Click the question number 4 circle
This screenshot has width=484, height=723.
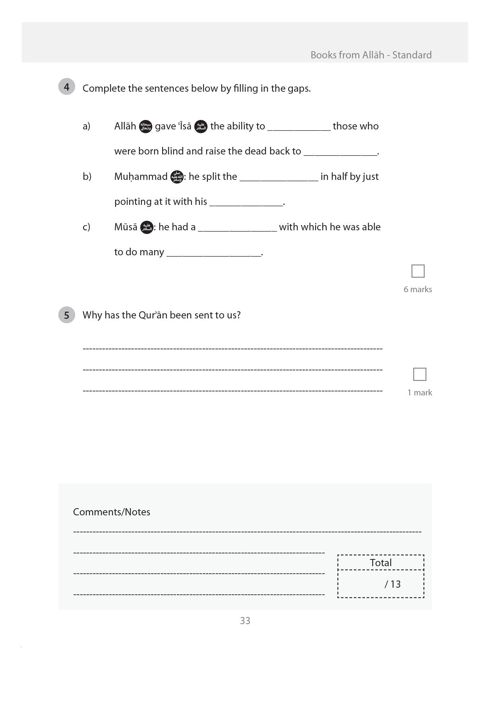pos(66,87)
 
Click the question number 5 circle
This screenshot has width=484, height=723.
pos(66,315)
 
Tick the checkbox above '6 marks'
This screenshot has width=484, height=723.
pos(418,271)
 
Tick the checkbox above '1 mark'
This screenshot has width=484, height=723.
pos(419,374)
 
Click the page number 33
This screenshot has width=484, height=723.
pos(245,621)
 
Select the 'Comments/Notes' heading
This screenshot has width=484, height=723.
pos(111,512)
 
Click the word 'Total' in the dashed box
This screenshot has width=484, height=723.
pos(380,563)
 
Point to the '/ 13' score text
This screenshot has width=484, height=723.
pos(392,584)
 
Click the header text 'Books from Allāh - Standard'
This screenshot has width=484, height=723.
pos(371,55)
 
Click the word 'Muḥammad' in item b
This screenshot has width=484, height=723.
pos(141,176)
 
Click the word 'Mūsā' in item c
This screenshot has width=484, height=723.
pos(126,227)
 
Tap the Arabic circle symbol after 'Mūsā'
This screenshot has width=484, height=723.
pos(147,228)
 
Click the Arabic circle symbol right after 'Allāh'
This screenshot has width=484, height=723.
pos(145,126)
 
